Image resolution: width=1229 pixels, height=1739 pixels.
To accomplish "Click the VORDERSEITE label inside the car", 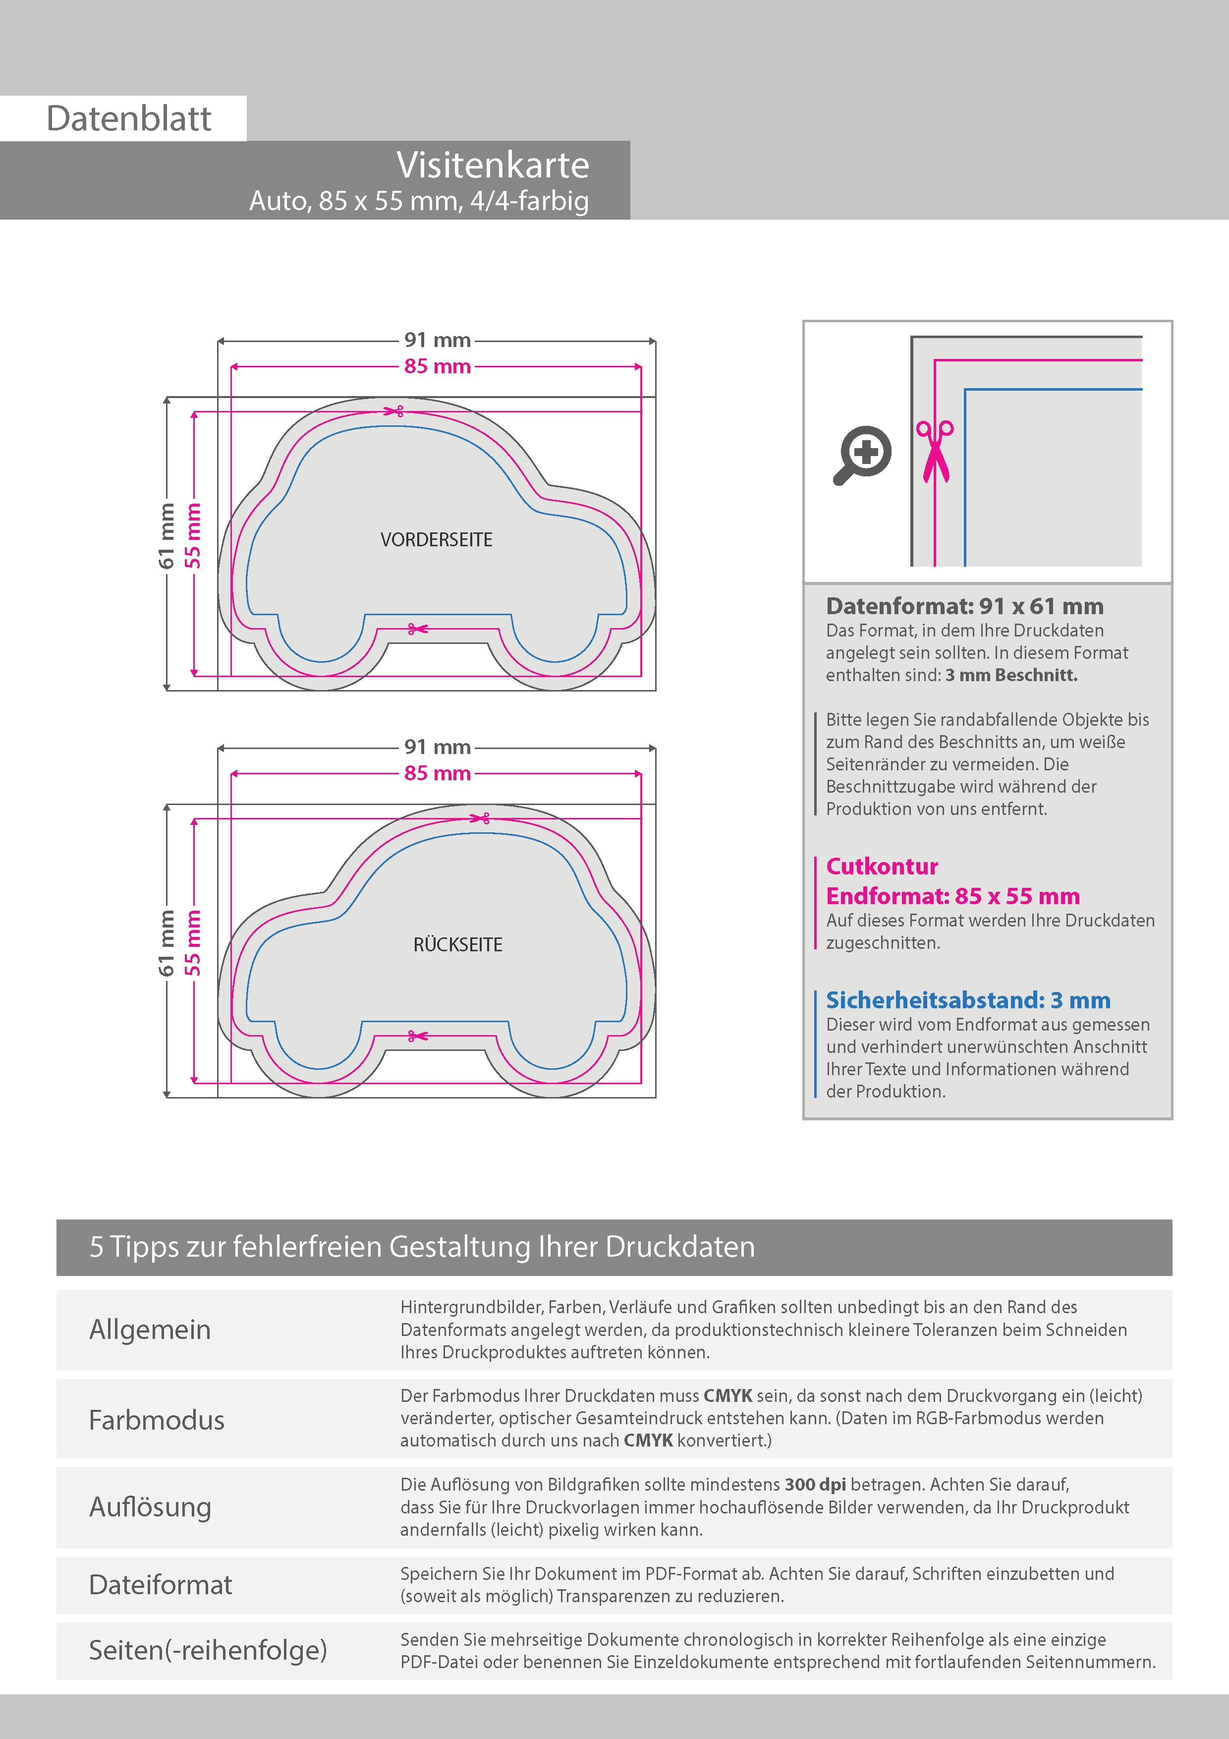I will (x=436, y=540).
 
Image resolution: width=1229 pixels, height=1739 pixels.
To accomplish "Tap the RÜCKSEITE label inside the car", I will (x=457, y=944).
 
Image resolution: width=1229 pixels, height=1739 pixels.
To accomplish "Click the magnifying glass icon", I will (x=862, y=455).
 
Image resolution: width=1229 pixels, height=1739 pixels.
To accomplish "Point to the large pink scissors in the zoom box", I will (x=935, y=452).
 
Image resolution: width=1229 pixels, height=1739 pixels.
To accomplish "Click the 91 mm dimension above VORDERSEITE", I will (x=437, y=340).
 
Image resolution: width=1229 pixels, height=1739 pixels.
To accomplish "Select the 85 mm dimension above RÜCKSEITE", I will (x=437, y=773).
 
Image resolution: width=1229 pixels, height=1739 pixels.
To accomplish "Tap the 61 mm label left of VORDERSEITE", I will (x=167, y=535).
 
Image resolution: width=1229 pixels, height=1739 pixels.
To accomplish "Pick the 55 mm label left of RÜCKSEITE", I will (x=194, y=942).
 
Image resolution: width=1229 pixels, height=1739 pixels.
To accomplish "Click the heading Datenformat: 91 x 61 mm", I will (x=964, y=606).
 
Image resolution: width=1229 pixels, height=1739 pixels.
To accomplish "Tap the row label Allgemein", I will (x=150, y=1329).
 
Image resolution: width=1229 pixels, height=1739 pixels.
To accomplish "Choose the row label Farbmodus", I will (x=157, y=1419).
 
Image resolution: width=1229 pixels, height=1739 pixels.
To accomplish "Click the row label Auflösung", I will (x=150, y=1507).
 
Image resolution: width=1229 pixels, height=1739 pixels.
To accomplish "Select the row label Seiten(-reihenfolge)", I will (x=208, y=1650).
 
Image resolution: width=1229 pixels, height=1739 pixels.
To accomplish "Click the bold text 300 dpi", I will (x=815, y=1485).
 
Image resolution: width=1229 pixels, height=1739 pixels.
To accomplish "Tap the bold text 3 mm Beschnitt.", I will (x=1011, y=675).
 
